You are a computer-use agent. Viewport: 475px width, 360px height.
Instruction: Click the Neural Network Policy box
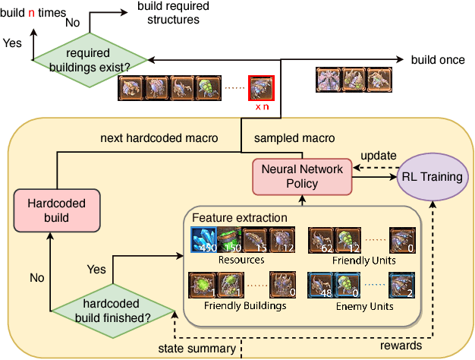(x=302, y=175)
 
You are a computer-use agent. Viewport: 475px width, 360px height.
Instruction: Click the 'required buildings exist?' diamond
(x=90, y=59)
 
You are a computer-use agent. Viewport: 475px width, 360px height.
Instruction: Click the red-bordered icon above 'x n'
(x=261, y=88)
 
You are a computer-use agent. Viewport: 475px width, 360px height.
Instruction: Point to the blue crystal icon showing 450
(x=203, y=241)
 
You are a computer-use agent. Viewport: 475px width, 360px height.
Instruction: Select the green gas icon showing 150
(x=230, y=241)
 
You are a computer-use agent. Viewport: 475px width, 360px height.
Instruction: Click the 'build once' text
(x=437, y=59)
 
